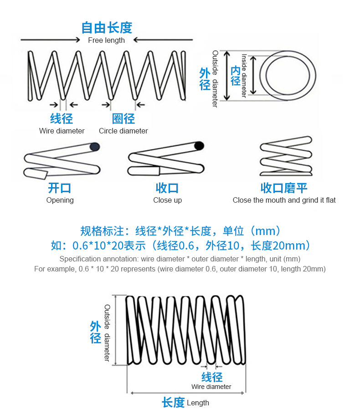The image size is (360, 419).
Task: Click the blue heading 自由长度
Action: pyautogui.click(x=107, y=27)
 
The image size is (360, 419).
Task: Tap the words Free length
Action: pyautogui.click(x=106, y=40)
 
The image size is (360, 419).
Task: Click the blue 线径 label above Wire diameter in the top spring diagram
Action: pyautogui.click(x=62, y=119)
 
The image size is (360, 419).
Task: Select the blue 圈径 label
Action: pyautogui.click(x=123, y=119)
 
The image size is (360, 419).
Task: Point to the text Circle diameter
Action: pyautogui.click(x=123, y=131)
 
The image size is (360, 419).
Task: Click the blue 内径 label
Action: pyautogui.click(x=235, y=76)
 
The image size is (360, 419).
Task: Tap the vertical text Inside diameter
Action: pyautogui.click(x=244, y=76)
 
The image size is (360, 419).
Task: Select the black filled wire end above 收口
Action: pyautogui.click(x=199, y=146)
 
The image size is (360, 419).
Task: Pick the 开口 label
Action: pyautogui.click(x=60, y=188)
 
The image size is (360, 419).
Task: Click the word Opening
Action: pyautogui.click(x=60, y=200)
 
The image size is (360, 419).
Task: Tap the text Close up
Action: pyautogui.click(x=167, y=200)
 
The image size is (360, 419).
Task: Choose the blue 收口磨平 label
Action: pyautogui.click(x=284, y=188)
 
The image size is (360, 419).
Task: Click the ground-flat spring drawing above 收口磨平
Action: pyautogui.click(x=286, y=156)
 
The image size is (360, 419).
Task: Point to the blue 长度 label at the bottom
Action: pyautogui.click(x=173, y=403)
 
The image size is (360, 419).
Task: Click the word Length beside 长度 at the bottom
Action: pyautogui.click(x=198, y=403)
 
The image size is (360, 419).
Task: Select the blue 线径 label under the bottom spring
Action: pyautogui.click(x=212, y=377)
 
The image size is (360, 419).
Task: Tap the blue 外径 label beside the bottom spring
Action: pyautogui.click(x=95, y=332)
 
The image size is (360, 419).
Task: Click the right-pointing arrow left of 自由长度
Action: pyautogui.click(x=50, y=40)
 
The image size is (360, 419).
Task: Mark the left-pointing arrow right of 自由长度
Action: pyautogui.click(x=164, y=40)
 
